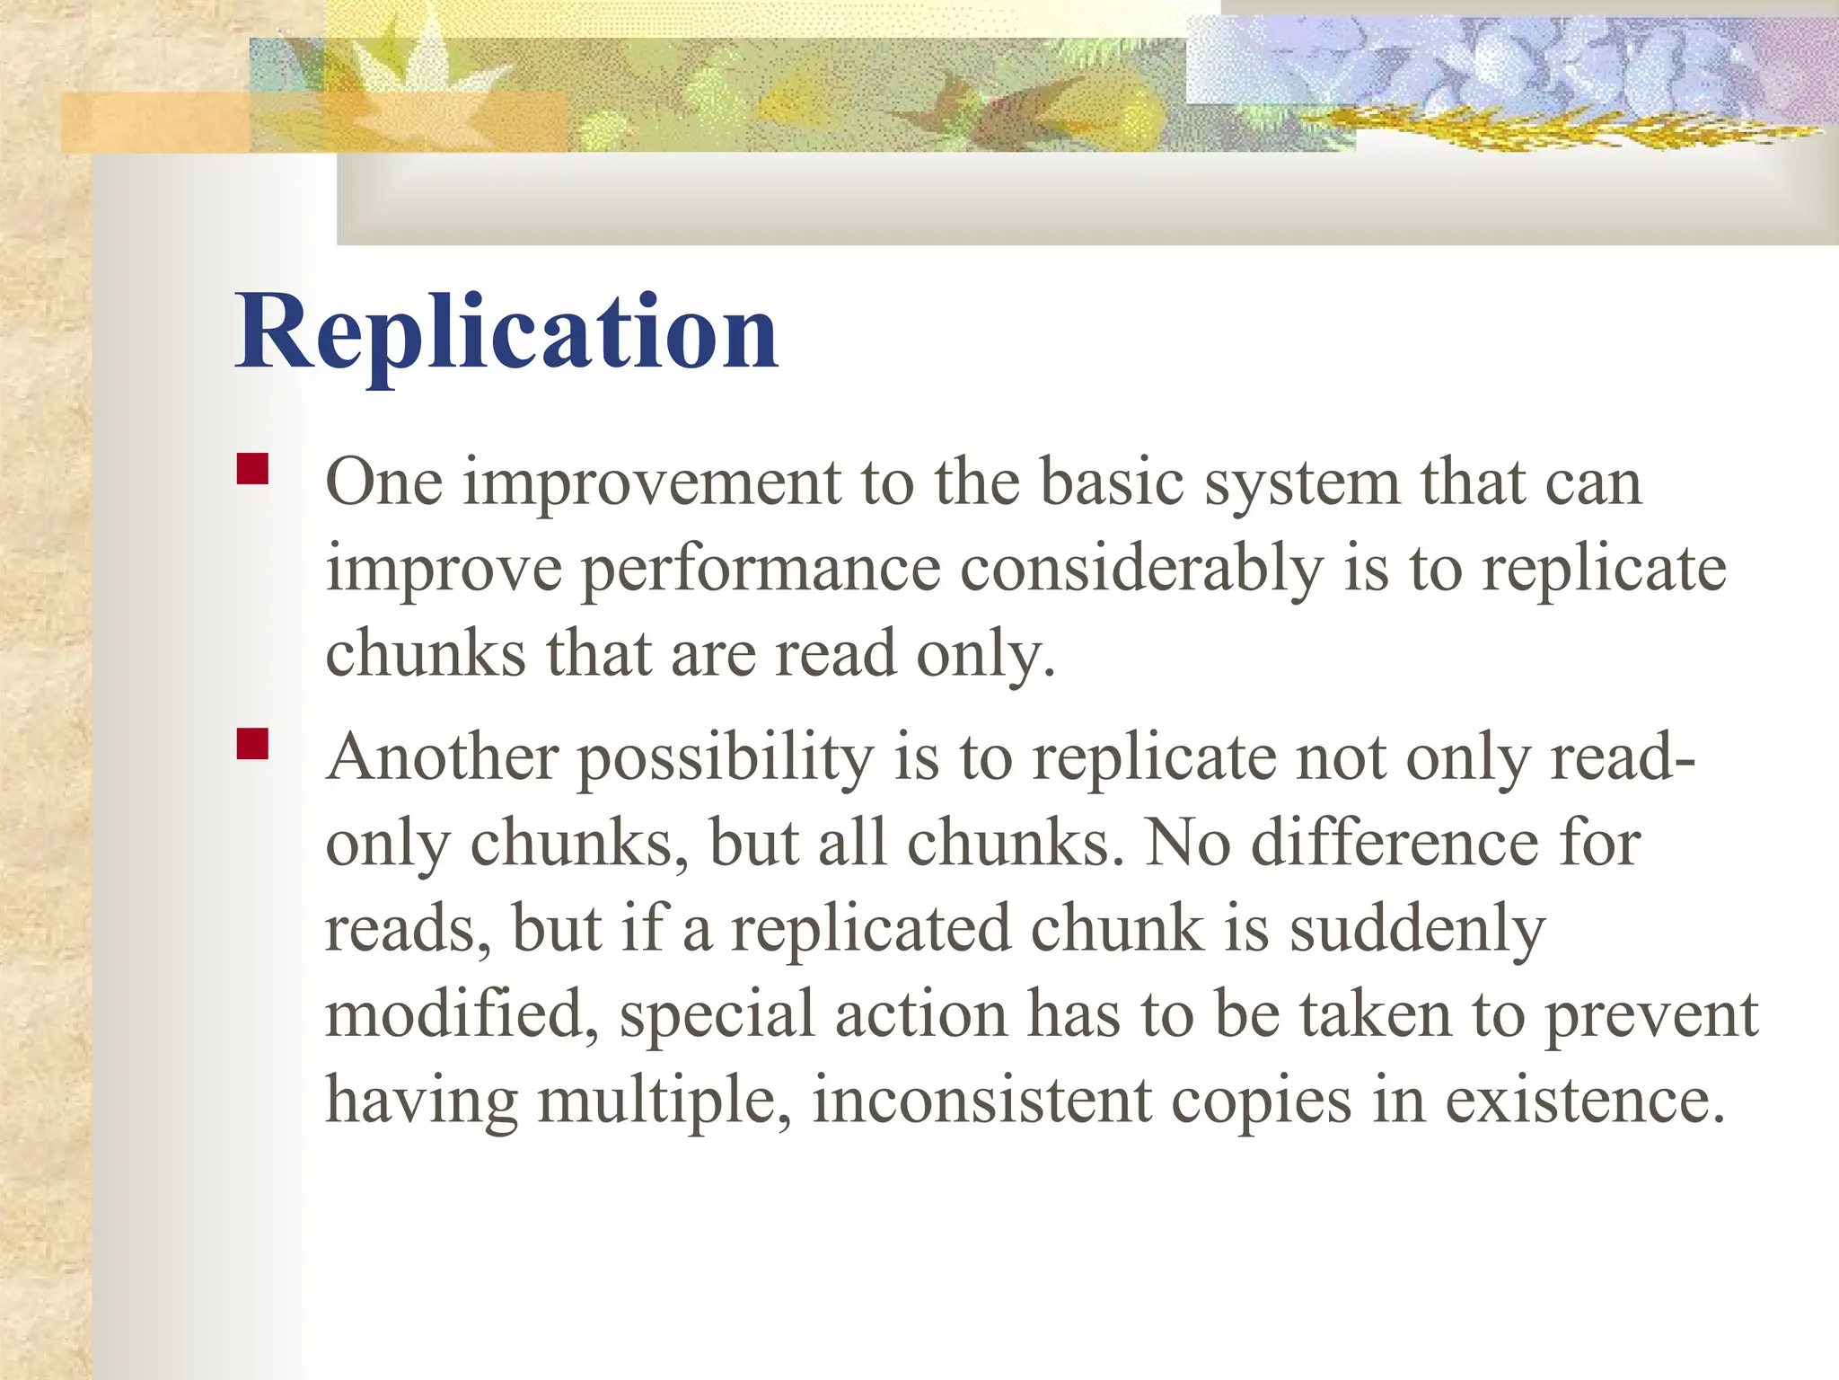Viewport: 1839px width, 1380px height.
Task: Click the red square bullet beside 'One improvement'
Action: click(253, 469)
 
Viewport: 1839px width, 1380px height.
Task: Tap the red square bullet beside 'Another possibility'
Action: click(253, 744)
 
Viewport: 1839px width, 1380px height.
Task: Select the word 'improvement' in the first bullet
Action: click(652, 482)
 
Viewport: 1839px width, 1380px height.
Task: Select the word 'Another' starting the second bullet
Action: click(442, 757)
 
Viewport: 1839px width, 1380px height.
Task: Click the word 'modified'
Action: click(460, 1015)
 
